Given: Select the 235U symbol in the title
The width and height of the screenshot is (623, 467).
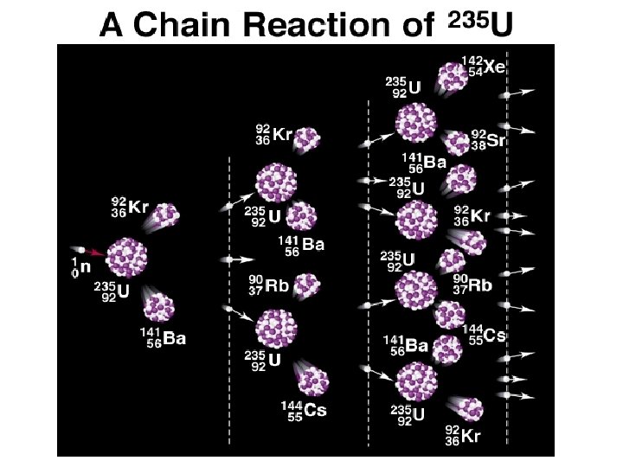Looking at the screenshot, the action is coord(475,24).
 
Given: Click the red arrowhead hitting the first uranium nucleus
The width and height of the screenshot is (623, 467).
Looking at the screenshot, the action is coord(101,253).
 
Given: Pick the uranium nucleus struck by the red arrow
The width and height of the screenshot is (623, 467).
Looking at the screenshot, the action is coord(126,257).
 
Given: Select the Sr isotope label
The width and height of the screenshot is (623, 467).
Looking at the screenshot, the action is coord(490,140).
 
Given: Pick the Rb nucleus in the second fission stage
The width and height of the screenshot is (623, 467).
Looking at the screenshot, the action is coord(305,285).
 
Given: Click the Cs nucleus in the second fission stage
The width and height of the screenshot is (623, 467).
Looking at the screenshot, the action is coord(313,378).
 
